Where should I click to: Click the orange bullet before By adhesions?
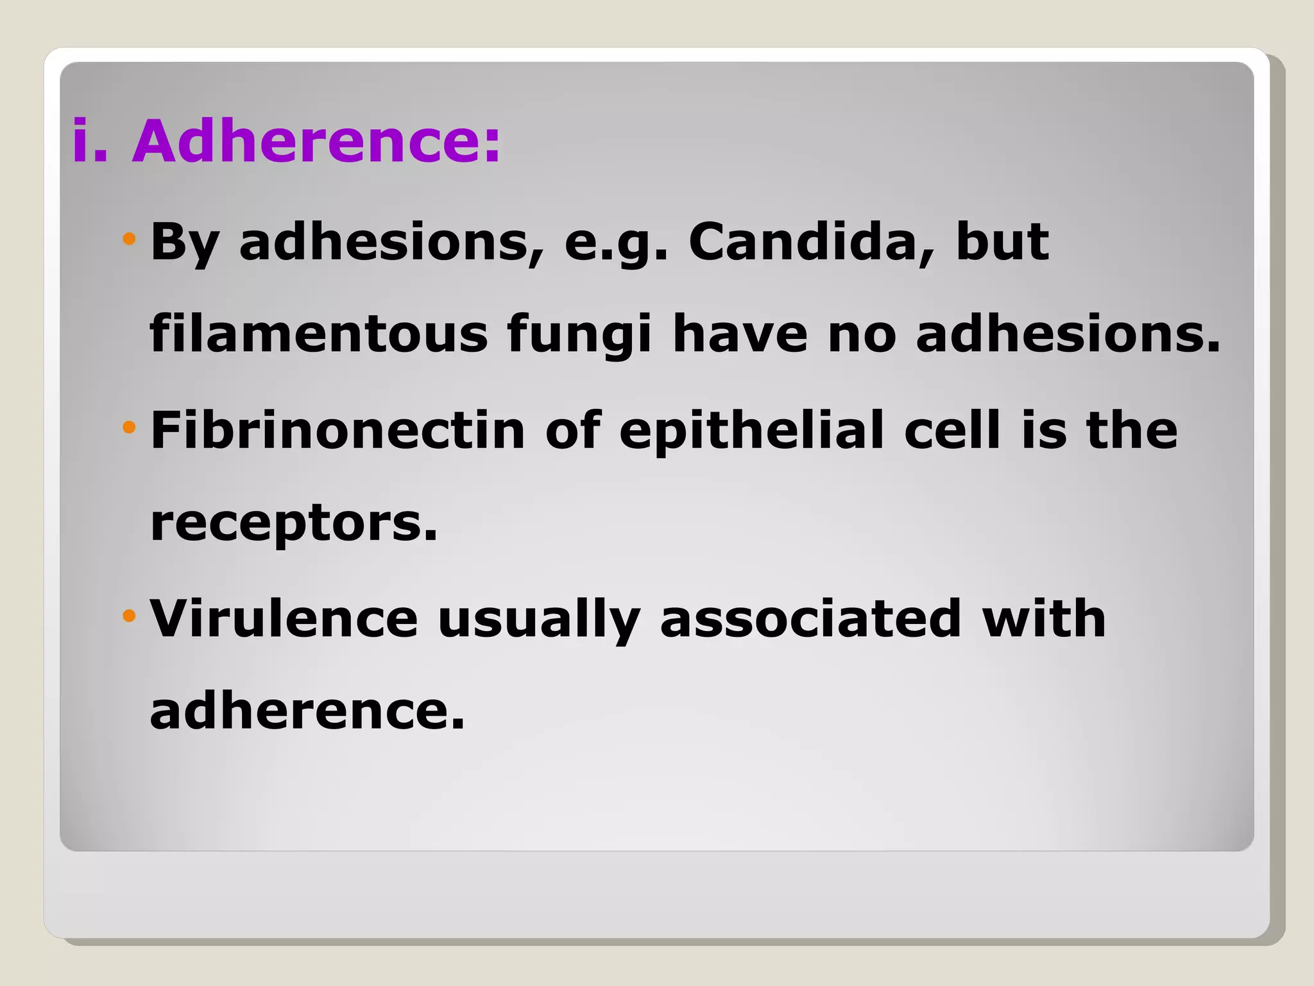point(130,239)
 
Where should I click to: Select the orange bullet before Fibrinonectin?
point(130,428)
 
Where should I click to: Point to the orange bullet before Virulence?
point(130,616)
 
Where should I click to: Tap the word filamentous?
point(318,334)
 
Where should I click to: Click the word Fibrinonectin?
point(337,430)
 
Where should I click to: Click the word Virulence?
point(284,618)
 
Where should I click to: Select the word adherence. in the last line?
point(307,711)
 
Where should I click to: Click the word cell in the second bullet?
point(952,430)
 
